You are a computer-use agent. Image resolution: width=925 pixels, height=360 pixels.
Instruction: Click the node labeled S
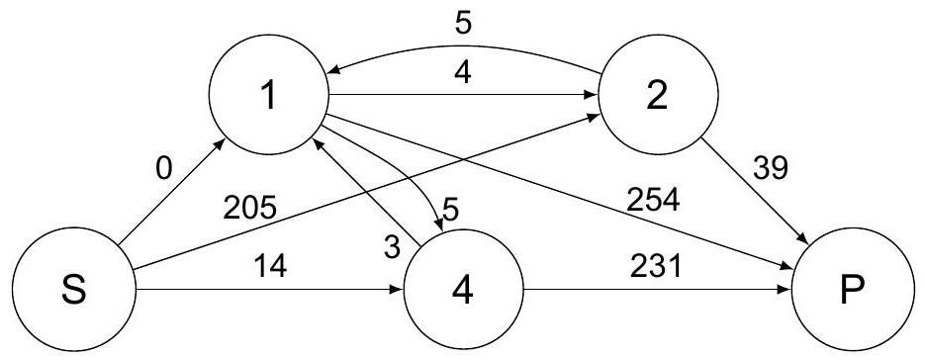point(74,289)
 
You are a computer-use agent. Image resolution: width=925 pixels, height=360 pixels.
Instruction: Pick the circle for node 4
point(463,289)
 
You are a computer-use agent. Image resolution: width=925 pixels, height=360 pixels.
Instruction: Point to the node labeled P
point(853,289)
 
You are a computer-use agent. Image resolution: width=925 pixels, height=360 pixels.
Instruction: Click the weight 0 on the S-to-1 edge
point(164,169)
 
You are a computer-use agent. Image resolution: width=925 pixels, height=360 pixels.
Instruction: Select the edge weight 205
point(249,208)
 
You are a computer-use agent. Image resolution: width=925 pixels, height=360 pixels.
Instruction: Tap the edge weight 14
point(271,266)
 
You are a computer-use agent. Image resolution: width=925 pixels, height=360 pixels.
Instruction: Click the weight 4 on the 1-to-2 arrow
point(463,75)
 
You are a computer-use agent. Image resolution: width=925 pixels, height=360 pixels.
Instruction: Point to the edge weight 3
point(391,248)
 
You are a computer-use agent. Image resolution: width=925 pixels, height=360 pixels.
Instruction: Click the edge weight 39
point(770,169)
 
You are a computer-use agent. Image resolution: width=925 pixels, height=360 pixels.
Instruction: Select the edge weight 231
point(655,267)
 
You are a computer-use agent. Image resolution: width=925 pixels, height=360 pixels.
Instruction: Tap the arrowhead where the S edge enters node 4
point(397,289)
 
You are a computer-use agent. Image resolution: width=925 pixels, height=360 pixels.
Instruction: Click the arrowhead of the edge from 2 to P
point(803,238)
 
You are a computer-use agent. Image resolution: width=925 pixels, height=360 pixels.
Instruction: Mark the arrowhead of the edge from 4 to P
point(786,289)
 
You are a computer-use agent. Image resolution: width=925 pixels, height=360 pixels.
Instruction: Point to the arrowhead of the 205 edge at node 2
point(595,118)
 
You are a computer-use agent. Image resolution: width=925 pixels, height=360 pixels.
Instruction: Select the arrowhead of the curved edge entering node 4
point(439,225)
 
